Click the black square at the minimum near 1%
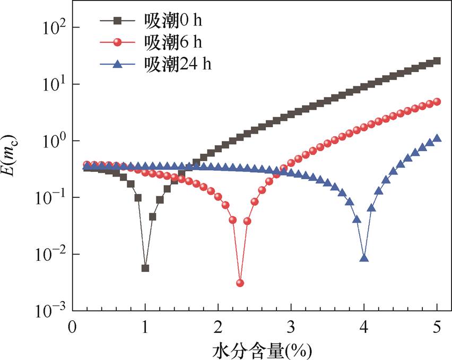tap(145, 268)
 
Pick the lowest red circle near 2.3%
tap(240, 283)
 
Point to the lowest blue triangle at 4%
tap(364, 258)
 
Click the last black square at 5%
tap(437, 61)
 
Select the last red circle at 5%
tap(437, 102)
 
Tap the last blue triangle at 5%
tap(437, 138)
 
